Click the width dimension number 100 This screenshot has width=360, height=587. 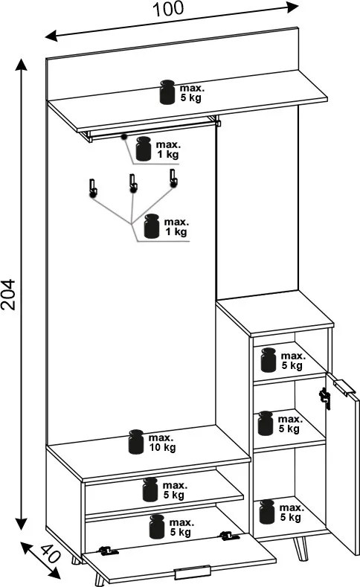click(x=168, y=9)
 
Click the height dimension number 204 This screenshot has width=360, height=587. click(x=8, y=294)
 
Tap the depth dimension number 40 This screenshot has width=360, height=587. click(x=50, y=554)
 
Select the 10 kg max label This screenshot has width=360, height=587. click(x=162, y=443)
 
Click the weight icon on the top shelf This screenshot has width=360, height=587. click(x=167, y=92)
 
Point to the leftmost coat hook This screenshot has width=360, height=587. click(x=93, y=187)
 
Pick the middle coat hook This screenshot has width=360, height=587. click(x=133, y=183)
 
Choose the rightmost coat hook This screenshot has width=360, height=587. click(x=173, y=178)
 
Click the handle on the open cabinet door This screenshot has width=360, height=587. click(x=344, y=387)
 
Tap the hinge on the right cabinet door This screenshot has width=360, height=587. click(x=324, y=398)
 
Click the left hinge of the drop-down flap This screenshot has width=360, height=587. click(x=109, y=551)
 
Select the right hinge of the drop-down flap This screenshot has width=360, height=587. click(x=229, y=536)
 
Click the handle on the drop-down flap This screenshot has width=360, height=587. click(x=193, y=572)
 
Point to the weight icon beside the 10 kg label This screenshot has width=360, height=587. click(x=136, y=442)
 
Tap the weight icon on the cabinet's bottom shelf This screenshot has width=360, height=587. click(x=267, y=512)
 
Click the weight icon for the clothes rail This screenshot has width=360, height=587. click(x=144, y=149)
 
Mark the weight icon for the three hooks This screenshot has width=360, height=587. click(x=152, y=226)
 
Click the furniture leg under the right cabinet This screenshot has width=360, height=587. click(x=300, y=549)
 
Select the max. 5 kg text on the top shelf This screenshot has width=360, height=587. click(x=192, y=93)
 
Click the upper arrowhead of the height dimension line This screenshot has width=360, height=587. click(x=22, y=65)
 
